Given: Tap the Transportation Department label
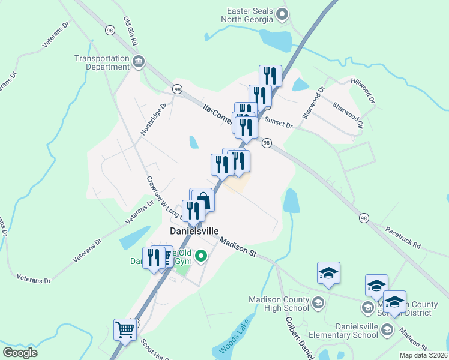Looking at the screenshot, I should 102,62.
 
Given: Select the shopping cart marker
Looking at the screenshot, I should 125,329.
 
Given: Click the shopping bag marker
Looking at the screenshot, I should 203,200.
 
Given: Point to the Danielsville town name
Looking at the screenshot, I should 194,230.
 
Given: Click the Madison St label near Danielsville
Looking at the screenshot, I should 238,247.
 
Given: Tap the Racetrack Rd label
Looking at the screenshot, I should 403,237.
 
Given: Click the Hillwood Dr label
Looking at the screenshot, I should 363,90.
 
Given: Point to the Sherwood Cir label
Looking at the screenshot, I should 349,115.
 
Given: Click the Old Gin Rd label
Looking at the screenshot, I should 130,31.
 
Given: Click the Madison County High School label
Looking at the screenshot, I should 279,304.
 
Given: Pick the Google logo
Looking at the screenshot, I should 20,353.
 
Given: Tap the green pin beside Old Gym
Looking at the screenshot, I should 202,257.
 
